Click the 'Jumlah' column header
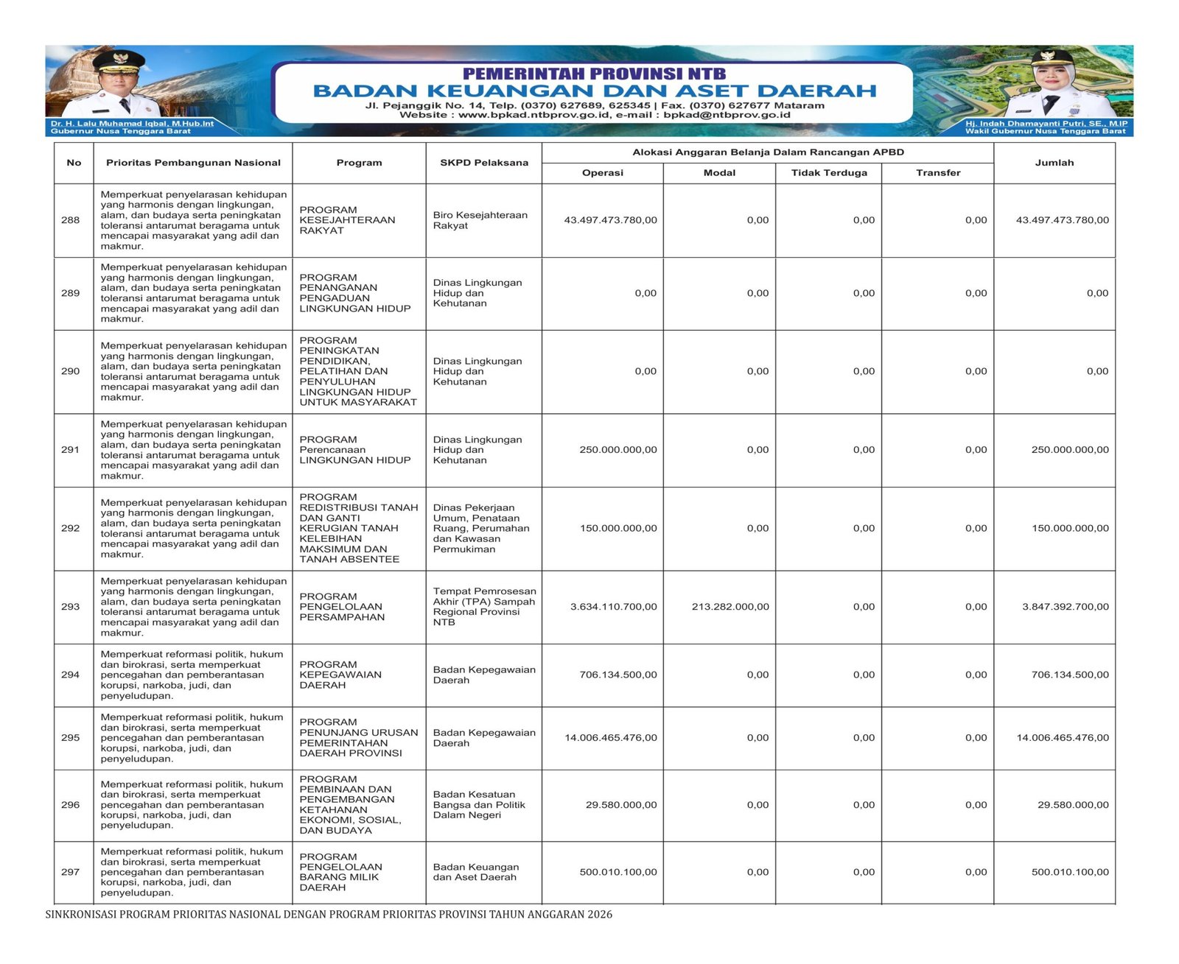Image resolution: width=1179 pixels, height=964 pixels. pyautogui.click(x=1054, y=163)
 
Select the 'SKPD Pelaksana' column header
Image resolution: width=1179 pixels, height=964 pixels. pyautogui.click(x=484, y=163)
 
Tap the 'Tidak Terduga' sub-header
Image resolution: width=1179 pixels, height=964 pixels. pyautogui.click(x=829, y=173)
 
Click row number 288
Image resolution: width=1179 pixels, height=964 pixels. pyautogui.click(x=71, y=220)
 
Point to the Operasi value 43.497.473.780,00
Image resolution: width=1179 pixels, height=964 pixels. pyautogui.click(x=610, y=220)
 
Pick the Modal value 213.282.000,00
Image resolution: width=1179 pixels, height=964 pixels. pyautogui.click(x=730, y=607)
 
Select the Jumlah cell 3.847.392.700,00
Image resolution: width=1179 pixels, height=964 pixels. pyautogui.click(x=1065, y=607)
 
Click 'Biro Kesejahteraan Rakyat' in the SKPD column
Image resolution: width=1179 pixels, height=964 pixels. pyautogui.click(x=480, y=220)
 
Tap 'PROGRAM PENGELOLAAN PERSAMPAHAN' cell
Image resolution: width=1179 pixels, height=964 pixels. pyautogui.click(x=341, y=607)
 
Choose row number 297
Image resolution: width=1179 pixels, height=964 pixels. pyautogui.click(x=71, y=872)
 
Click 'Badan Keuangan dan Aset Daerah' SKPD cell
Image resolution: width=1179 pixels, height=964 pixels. pyautogui.click(x=476, y=872)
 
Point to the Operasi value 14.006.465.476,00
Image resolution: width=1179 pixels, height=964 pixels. pyautogui.click(x=611, y=738)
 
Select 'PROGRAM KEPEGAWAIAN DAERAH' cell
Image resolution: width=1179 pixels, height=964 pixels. pyautogui.click(x=340, y=675)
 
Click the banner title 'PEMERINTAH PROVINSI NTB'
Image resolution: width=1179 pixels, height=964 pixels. pyautogui.click(x=594, y=74)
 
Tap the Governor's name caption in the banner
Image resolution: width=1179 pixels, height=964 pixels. pyautogui.click(x=132, y=124)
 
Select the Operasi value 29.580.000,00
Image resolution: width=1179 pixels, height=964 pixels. pyautogui.click(x=621, y=805)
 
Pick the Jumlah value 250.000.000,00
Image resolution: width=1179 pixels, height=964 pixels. pyautogui.click(x=1069, y=450)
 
